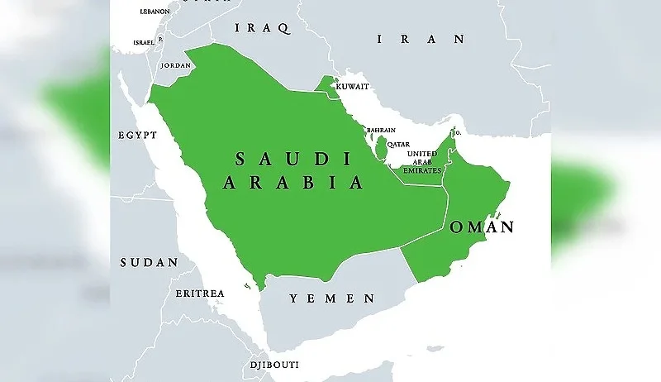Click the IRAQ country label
point(263,28)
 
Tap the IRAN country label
point(421,39)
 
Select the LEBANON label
point(153,12)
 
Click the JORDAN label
point(175,64)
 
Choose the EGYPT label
point(136,134)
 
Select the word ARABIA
point(292,183)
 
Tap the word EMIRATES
point(421,170)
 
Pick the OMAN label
point(481,227)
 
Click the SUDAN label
point(149,262)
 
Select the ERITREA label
point(199,294)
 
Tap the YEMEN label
point(331,298)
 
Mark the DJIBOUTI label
point(273,365)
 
